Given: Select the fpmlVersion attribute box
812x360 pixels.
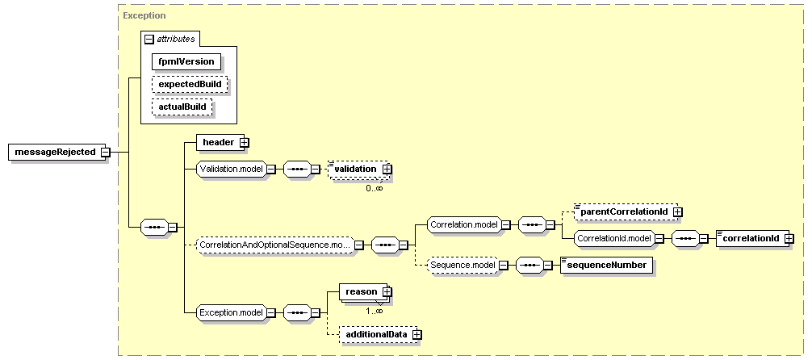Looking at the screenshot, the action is [186, 61].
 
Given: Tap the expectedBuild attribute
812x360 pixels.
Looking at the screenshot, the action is [190, 84].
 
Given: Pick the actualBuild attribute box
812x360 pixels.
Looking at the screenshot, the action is [182, 107].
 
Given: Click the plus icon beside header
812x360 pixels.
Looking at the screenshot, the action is [245, 142].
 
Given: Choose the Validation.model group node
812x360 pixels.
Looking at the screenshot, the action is [232, 169].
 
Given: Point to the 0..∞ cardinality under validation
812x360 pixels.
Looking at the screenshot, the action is [375, 188].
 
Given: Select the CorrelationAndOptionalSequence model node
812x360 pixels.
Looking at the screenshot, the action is [275, 244].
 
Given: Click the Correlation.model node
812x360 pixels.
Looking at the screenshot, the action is [464, 224].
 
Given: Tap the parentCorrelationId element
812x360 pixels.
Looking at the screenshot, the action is [624, 211].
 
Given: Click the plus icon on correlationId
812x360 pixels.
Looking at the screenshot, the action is [789, 238].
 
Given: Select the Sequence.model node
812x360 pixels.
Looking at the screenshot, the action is [463, 266].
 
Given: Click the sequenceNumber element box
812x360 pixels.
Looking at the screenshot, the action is [607, 266].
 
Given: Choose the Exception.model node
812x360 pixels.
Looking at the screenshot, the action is [232, 312].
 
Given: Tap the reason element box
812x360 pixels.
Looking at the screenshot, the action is [362, 291].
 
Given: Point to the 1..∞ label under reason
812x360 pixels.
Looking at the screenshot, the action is [375, 311].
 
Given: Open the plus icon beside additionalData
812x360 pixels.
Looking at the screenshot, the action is [417, 335].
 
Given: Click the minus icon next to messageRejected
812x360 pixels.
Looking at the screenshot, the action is [105, 153].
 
